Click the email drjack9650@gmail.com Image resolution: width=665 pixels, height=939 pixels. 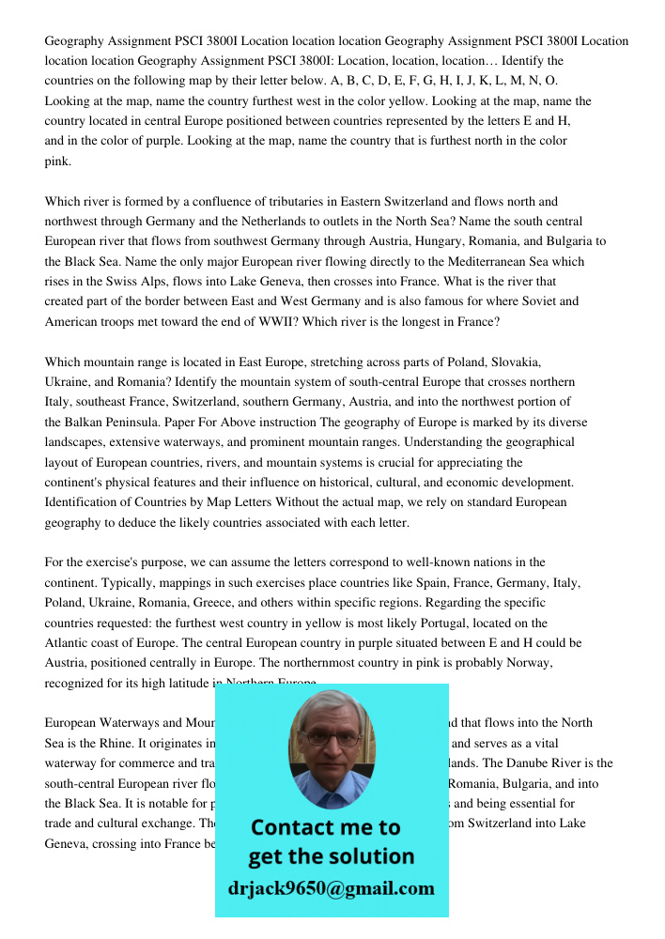(x=332, y=888)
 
